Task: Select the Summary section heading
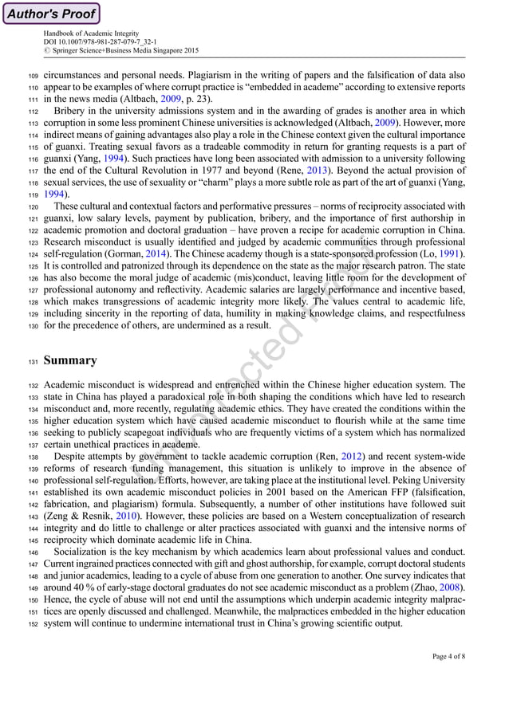70,360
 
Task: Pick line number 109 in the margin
28,77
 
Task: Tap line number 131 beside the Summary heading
28,361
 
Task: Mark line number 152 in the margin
28,624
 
